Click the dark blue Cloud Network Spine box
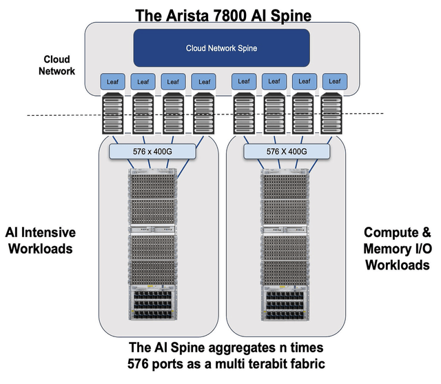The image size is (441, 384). [x=220, y=48]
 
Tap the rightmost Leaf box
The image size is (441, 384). [x=336, y=81]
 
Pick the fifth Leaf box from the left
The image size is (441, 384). [x=245, y=81]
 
